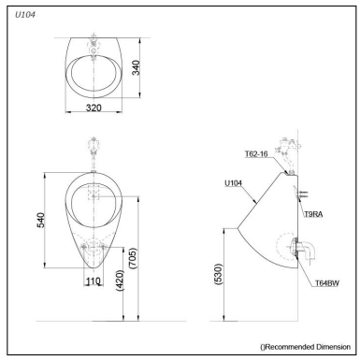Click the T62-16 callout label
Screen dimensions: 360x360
point(257,154)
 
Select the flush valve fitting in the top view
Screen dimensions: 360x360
point(94,43)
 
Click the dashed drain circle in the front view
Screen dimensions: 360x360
point(94,249)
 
